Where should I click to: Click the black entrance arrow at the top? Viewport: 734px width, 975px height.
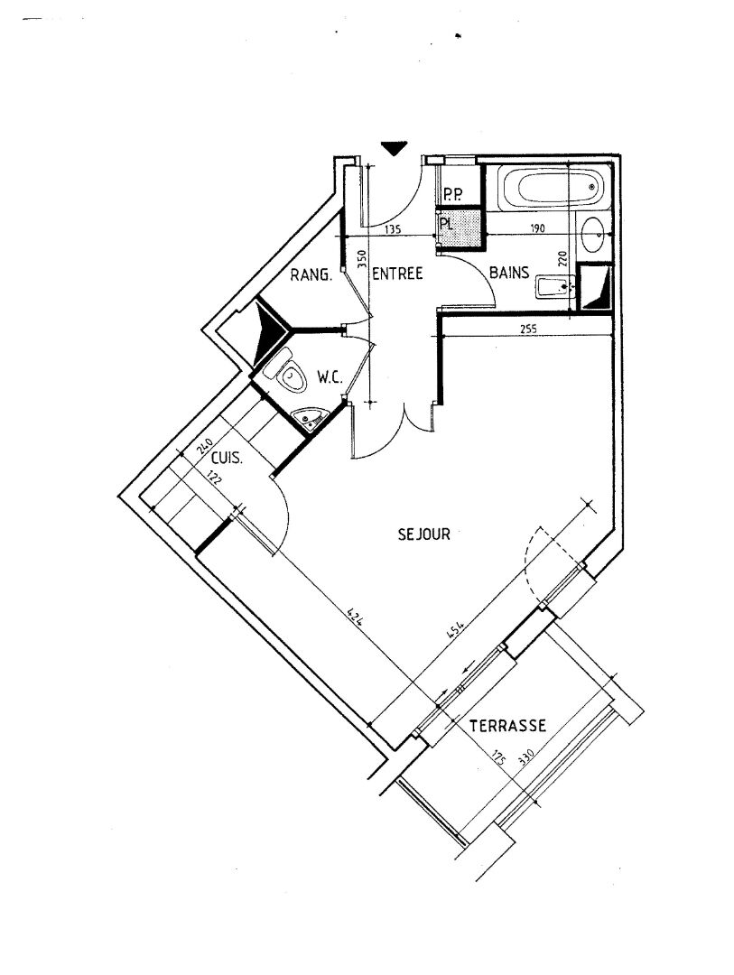(394, 148)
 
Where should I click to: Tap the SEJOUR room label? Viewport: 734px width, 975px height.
(423, 534)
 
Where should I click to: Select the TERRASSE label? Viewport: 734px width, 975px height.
(507, 726)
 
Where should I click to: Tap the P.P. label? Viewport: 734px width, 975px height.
(452, 196)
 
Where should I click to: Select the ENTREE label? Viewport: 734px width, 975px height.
(397, 273)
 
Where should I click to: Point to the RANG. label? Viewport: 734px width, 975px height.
(311, 274)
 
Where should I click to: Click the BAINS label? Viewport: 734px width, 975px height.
(509, 273)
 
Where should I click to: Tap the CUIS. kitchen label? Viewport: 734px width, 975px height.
(227, 459)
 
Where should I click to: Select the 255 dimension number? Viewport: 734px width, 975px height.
(527, 329)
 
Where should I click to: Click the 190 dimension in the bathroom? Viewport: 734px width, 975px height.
(538, 228)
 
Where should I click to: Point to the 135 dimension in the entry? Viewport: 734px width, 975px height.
(393, 229)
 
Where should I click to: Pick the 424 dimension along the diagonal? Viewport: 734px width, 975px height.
(355, 617)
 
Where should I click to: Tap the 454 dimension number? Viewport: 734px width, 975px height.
(456, 632)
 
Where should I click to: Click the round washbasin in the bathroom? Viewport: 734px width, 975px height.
(591, 235)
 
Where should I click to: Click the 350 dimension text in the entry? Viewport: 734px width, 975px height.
(363, 259)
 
